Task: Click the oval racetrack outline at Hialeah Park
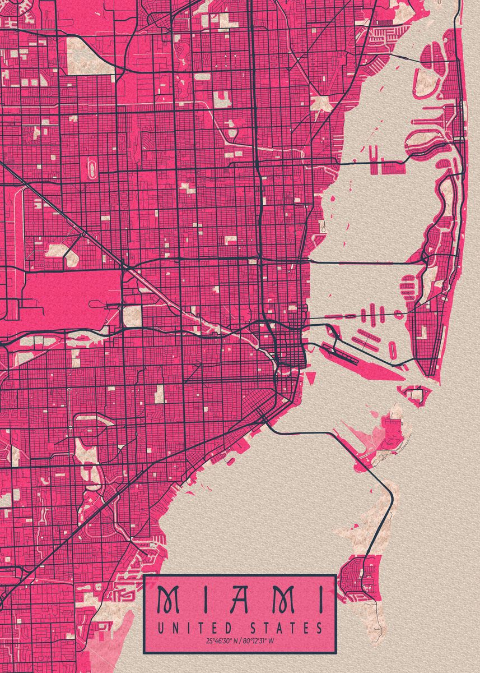pyautogui.click(x=92, y=167)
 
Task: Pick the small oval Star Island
pyautogui.click(x=392, y=350)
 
